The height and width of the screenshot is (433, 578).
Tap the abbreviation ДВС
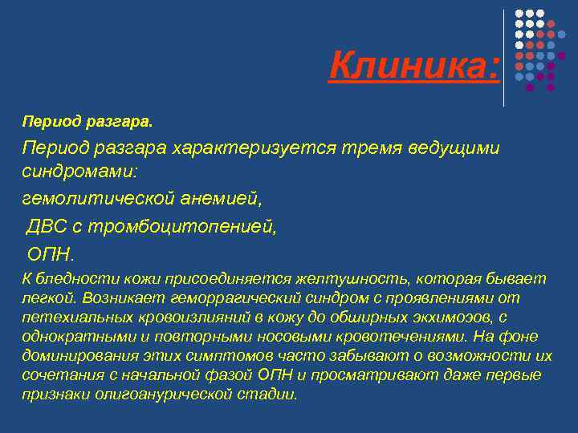51,227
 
